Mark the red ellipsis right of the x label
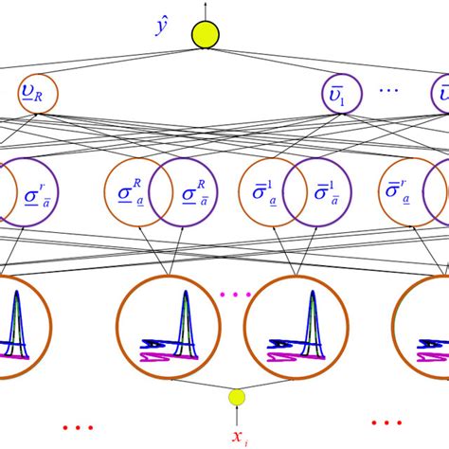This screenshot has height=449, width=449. click(386, 422)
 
